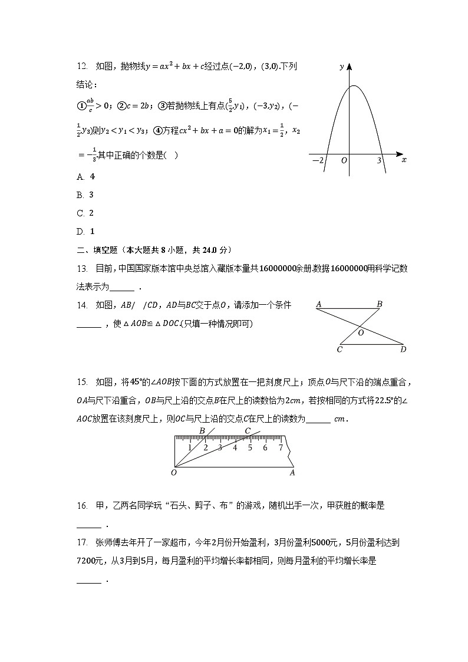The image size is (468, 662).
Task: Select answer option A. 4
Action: (x=86, y=176)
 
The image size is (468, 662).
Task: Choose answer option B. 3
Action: (x=86, y=195)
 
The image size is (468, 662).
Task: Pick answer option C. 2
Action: (x=86, y=213)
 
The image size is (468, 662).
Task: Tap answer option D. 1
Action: (x=86, y=231)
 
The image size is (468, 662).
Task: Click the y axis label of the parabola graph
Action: (x=342, y=67)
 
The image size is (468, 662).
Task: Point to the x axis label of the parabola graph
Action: (x=403, y=160)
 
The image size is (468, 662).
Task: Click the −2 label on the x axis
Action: (x=317, y=160)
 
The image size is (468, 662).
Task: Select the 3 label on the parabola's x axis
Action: (x=380, y=160)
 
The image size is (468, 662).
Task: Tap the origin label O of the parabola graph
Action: (x=344, y=160)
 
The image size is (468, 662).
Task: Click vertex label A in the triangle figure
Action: (x=318, y=305)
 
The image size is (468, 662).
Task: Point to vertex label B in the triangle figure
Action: (x=380, y=304)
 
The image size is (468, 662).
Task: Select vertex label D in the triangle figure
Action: (x=403, y=350)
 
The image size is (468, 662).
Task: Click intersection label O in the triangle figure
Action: (x=361, y=332)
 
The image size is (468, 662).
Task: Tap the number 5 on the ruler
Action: (x=250, y=448)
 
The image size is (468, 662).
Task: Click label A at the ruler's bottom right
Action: (x=292, y=472)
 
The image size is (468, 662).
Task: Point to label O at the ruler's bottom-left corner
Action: (x=174, y=472)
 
